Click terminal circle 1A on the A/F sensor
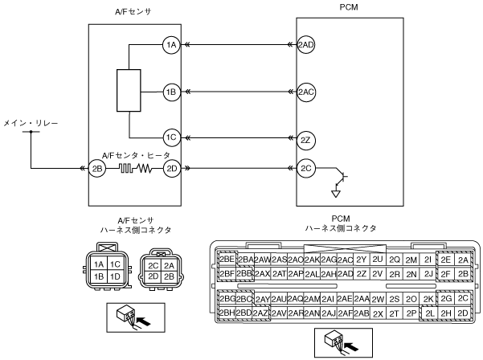(170, 45)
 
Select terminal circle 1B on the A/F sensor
(170, 91)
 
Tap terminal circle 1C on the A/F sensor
(170, 137)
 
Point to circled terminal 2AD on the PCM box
(305, 45)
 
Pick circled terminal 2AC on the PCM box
(305, 91)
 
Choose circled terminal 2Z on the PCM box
(305, 139)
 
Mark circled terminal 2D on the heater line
(170, 169)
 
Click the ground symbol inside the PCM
(337, 192)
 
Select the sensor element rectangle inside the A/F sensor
(129, 91)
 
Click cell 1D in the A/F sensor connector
(115, 276)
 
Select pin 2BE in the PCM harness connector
(227, 260)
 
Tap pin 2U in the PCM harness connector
(377, 260)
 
